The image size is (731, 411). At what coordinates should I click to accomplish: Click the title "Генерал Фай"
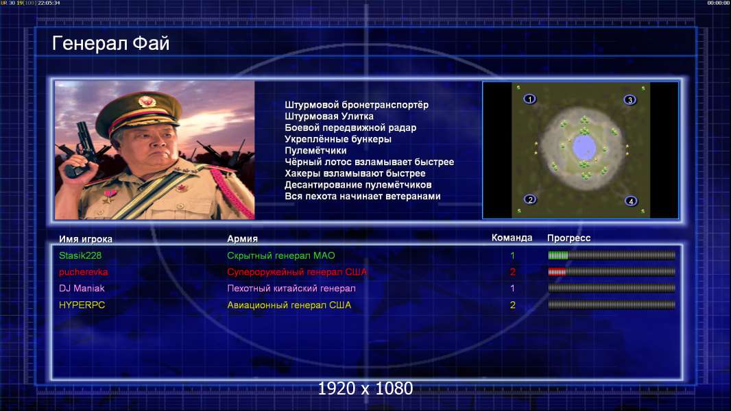[110, 43]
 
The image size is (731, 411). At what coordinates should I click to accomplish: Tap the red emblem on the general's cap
[146, 101]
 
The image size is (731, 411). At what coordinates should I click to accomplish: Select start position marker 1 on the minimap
[529, 99]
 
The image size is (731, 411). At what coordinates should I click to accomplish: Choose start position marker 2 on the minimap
[529, 200]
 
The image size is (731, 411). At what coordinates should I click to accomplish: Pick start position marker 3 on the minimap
[630, 99]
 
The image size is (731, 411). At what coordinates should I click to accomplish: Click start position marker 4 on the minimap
[631, 201]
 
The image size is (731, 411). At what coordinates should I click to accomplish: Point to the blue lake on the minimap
[584, 147]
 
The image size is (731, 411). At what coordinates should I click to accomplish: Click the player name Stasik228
[80, 256]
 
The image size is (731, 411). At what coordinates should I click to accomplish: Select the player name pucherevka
[84, 272]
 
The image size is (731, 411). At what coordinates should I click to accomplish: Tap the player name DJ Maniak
[82, 288]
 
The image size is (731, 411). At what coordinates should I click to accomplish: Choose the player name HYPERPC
[82, 305]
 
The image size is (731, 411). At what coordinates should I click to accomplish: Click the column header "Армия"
[243, 239]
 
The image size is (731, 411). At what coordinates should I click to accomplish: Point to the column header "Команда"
[512, 238]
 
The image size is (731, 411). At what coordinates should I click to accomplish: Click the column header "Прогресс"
[568, 238]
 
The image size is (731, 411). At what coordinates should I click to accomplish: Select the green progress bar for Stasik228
[558, 255]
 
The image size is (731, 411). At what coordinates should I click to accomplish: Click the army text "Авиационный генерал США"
[289, 306]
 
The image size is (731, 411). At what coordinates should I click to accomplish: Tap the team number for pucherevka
[513, 272]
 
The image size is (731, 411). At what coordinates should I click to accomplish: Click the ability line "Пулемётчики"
[315, 150]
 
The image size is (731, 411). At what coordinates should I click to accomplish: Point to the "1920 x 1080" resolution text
[365, 388]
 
